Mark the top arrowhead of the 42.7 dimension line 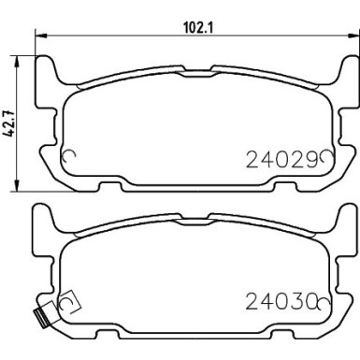[22, 56]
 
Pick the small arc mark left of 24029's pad [65, 158]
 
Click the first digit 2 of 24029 [250, 159]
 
